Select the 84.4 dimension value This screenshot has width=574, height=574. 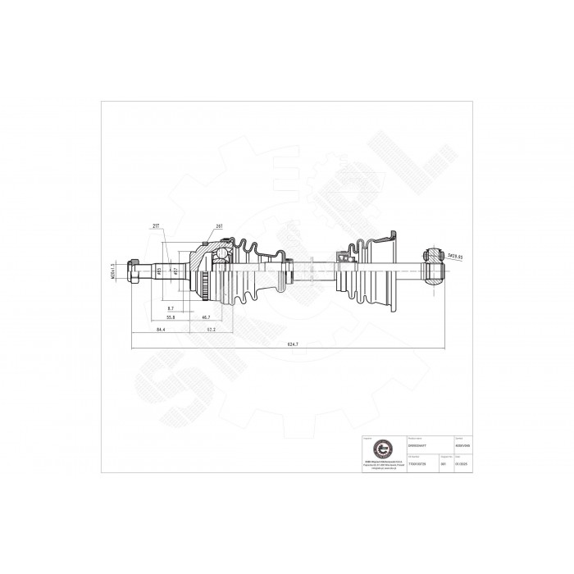pyautogui.click(x=162, y=330)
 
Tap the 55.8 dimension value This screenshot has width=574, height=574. pyautogui.click(x=170, y=317)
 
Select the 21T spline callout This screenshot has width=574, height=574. pyautogui.click(x=155, y=225)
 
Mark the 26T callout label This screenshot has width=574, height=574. pyautogui.click(x=219, y=225)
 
